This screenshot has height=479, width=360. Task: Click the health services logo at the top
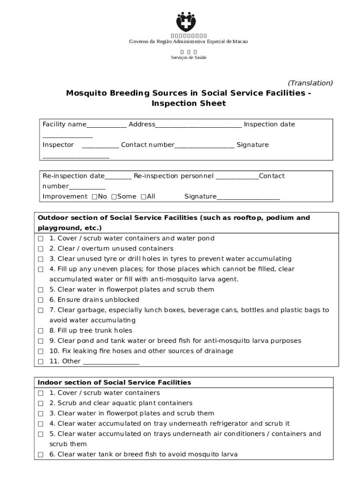pos(187,22)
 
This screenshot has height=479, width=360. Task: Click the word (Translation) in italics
pos(310,83)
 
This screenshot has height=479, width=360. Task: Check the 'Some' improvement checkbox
pos(114,196)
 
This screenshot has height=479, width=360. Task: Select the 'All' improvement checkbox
pos(143,196)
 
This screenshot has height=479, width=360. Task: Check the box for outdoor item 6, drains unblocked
pos(41,300)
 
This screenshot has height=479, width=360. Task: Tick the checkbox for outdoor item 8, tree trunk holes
pos(41,331)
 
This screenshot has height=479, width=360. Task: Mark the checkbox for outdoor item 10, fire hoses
pos(41,351)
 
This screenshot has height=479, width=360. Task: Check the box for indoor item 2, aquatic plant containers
pos(41,403)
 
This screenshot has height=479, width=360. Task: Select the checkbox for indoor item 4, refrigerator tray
pos(41,424)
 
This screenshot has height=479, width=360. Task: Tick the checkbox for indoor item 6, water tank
pos(41,455)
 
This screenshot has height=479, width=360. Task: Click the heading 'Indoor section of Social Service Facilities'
pos(115,382)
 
